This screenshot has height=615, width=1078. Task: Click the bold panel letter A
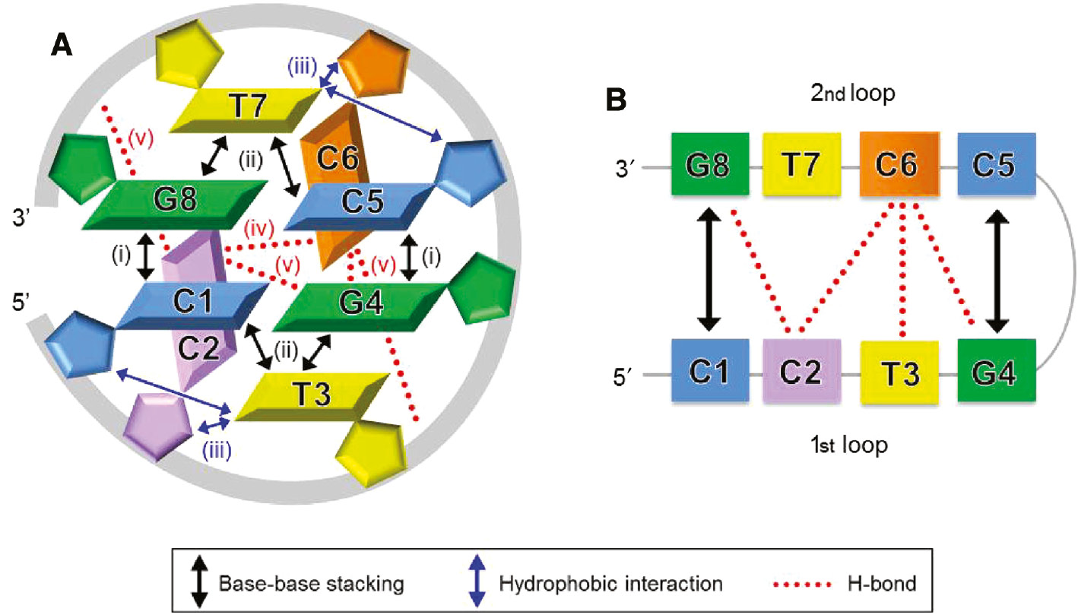pos(62,46)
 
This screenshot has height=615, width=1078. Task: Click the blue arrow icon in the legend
pos(477,582)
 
